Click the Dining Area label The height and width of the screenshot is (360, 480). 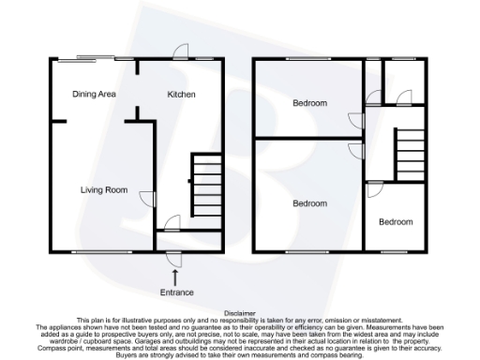pos(94,95)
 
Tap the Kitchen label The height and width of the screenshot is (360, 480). pos(181,95)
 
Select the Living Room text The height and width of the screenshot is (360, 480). pos(102,190)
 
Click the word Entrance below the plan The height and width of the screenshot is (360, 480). pos(176,292)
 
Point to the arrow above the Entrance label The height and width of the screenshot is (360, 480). pos(176,275)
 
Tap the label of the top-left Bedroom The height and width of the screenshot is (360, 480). pos(309,103)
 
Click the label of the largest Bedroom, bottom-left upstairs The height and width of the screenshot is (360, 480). pos(309,203)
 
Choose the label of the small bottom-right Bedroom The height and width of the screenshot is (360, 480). pos(395,222)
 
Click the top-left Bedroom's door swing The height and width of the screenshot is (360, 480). pos(354,119)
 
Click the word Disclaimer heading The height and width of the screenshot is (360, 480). pos(240,314)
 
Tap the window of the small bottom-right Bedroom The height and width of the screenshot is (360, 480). pos(395,251)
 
